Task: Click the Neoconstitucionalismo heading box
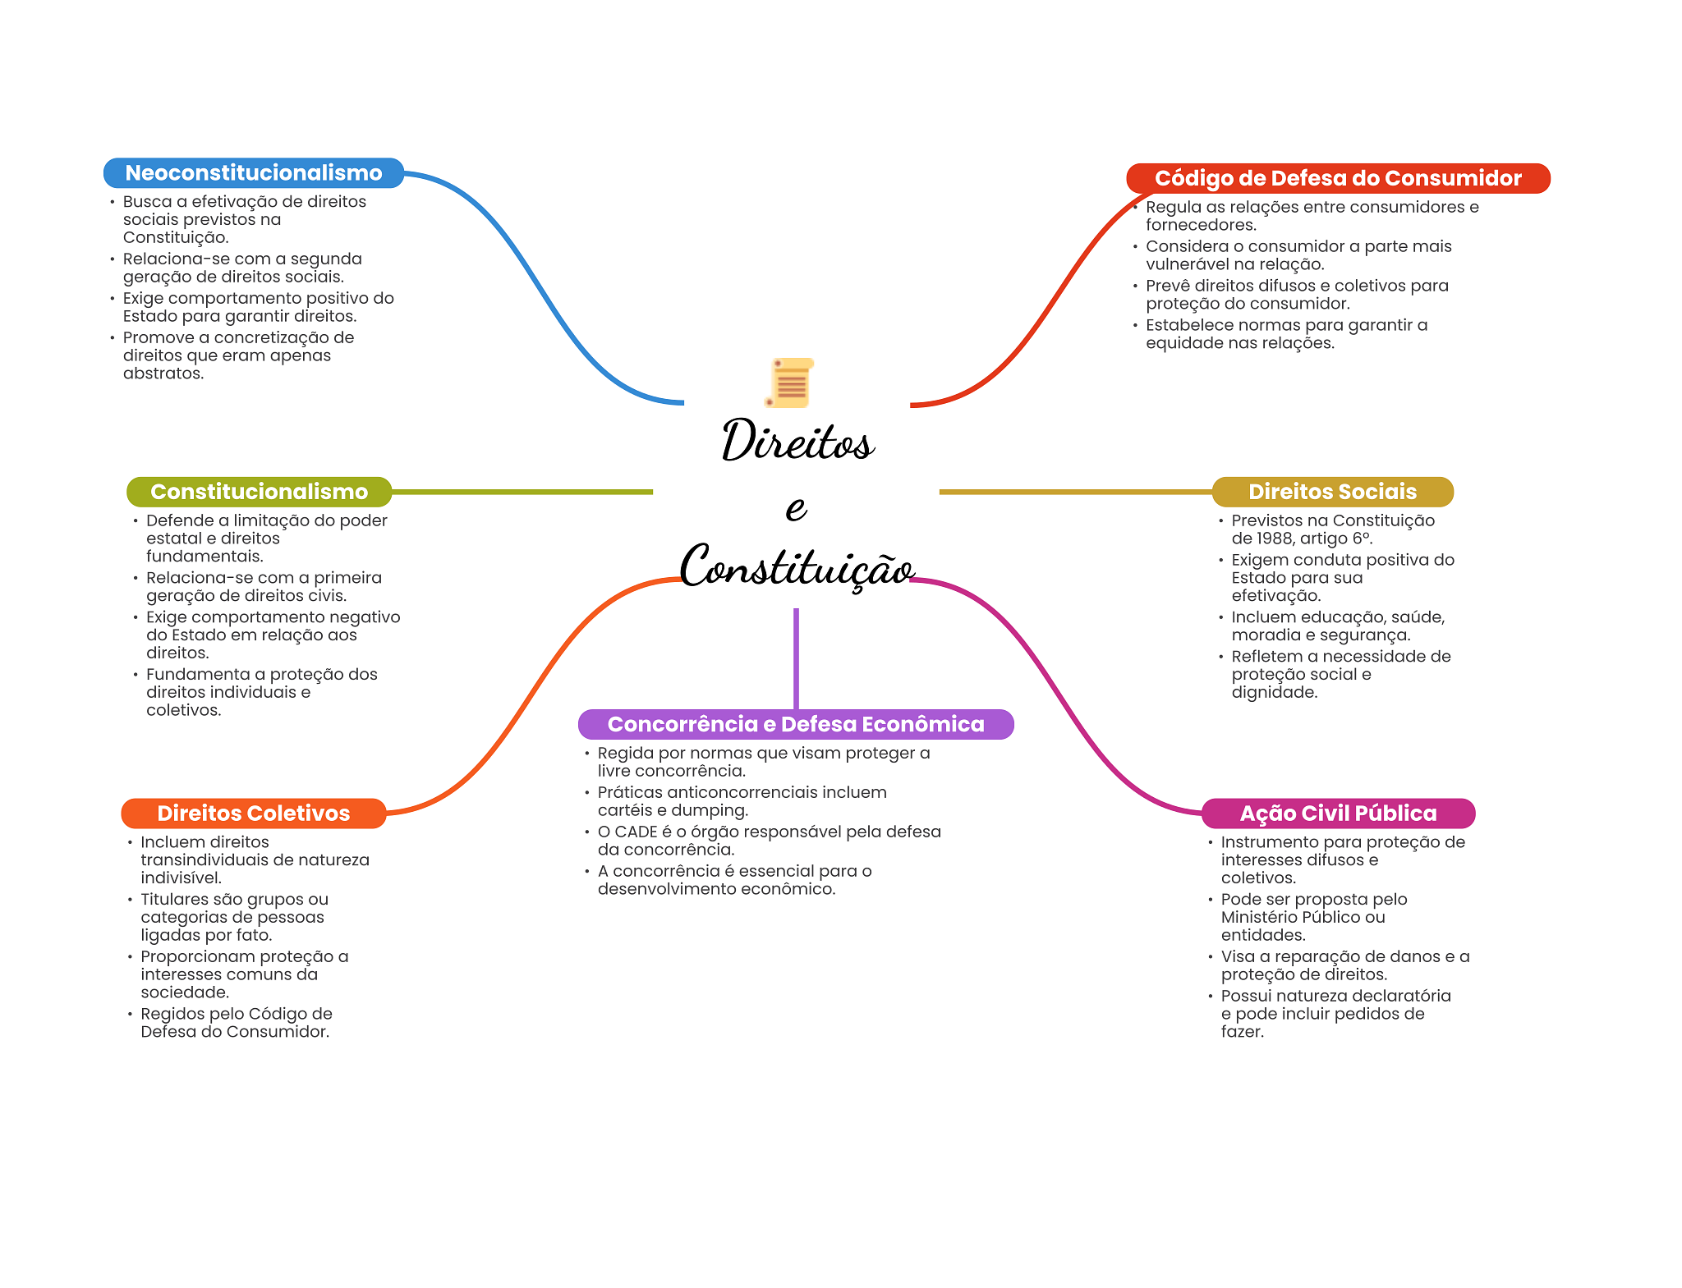click(x=253, y=173)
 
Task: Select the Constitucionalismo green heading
click(x=259, y=492)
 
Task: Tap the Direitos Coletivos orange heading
click(x=253, y=814)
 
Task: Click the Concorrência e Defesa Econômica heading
click(x=795, y=724)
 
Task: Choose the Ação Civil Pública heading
click(x=1338, y=814)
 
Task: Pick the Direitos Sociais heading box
click(x=1332, y=492)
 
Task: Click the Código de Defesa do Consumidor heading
click(x=1337, y=178)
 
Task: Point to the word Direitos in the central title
click(x=797, y=441)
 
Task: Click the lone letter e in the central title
click(x=796, y=508)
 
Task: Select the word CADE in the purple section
click(x=636, y=832)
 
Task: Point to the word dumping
click(x=714, y=810)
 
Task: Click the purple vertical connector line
click(x=796, y=657)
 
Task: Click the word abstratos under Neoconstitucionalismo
click(x=163, y=374)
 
